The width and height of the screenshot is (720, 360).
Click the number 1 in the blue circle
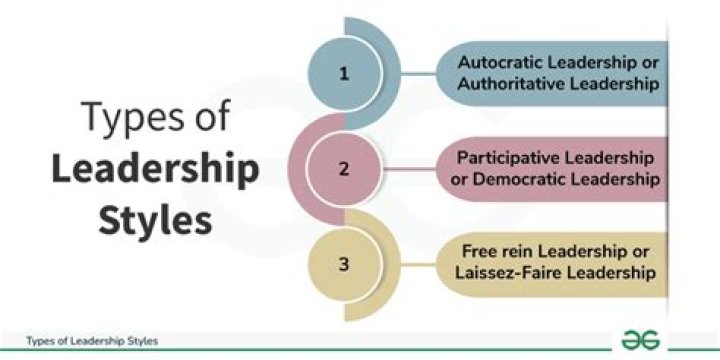(x=344, y=73)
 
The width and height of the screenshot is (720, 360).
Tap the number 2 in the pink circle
(x=344, y=168)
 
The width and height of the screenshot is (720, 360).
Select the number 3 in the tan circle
(x=344, y=264)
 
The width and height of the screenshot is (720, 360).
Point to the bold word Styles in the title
(x=155, y=220)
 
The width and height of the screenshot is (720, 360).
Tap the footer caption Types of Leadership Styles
(x=92, y=340)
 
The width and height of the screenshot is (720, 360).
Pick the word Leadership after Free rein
(x=578, y=253)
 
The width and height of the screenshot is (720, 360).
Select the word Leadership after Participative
(x=607, y=158)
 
